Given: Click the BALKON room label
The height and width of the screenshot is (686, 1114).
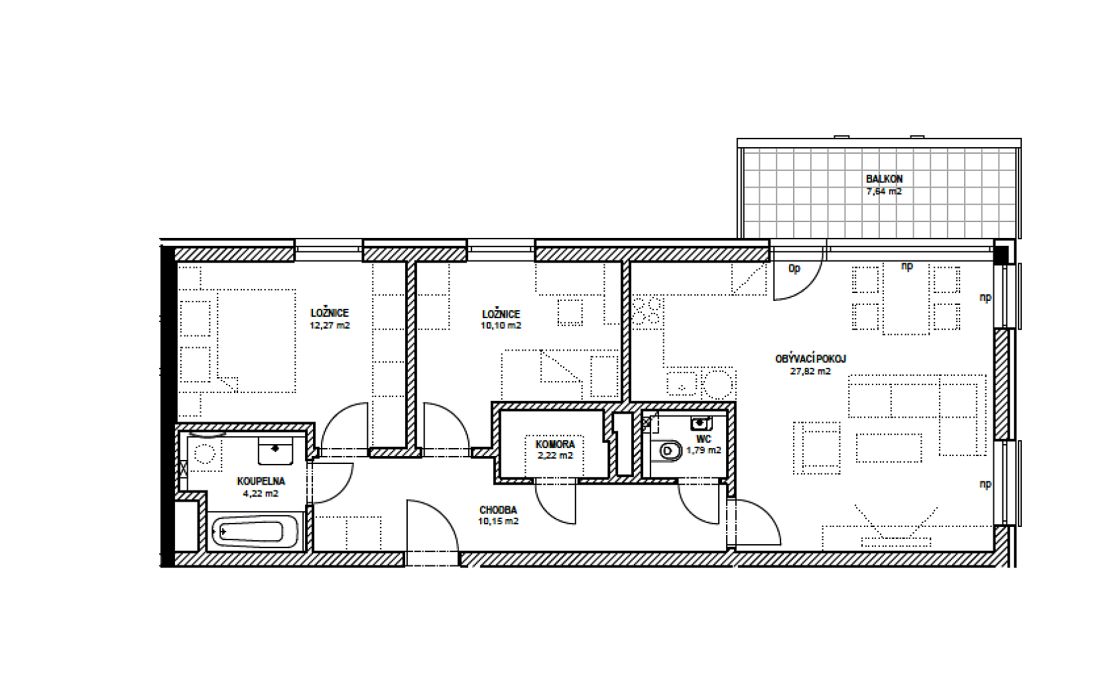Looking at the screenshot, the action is (884, 179).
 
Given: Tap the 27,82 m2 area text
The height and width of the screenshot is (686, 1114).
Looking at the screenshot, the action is (810, 371).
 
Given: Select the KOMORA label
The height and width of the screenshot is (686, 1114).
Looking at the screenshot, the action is (555, 444).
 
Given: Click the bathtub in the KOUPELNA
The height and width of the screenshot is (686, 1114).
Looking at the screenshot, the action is (254, 532).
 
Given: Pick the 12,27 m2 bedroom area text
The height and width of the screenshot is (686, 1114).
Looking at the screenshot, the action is (330, 325).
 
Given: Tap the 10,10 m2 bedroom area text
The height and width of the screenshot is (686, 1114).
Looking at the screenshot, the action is (501, 325).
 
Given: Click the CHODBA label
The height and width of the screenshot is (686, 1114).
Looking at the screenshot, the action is (499, 510).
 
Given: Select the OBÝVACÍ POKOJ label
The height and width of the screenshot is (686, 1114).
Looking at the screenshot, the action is (810, 359).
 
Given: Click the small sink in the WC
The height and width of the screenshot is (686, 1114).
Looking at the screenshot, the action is (702, 423).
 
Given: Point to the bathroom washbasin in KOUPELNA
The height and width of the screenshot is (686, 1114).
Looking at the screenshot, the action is (275, 451).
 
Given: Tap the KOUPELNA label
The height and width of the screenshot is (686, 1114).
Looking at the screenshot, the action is (261, 481).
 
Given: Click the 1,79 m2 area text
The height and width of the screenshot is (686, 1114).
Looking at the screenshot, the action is (704, 451).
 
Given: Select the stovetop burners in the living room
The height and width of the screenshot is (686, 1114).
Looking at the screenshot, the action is (647, 311).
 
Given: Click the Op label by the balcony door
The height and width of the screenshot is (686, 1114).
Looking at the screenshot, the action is (794, 269).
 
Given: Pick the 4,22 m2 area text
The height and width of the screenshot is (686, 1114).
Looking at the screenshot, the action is (261, 494).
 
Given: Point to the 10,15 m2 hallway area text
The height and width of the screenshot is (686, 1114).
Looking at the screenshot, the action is (499, 522).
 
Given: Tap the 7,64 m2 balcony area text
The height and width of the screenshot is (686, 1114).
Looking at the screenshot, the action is (884, 191).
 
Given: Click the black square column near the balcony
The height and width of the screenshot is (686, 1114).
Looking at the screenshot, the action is (1001, 255).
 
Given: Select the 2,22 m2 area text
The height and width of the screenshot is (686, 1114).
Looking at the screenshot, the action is (555, 455).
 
